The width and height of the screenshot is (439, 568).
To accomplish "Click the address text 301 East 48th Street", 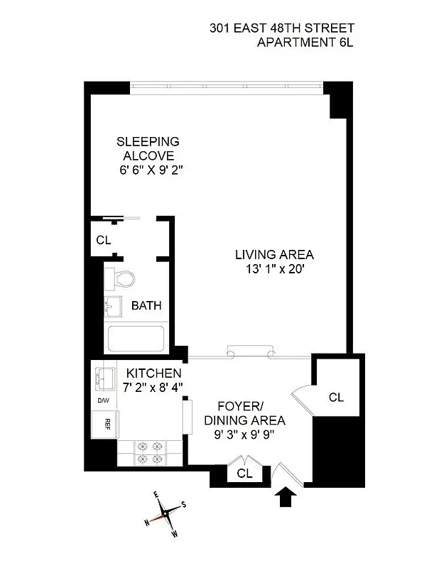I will tap(281, 28).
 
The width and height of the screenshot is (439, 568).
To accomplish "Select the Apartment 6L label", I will tap(305, 43).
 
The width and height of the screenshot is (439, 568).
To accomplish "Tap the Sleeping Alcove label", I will tap(148, 148).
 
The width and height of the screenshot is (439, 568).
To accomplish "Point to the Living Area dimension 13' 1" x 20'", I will tap(275, 269).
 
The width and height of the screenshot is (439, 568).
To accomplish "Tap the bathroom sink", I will tap(114, 306).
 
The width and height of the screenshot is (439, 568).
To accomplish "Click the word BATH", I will tap(146, 306).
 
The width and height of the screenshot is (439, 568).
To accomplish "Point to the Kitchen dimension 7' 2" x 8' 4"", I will tap(153, 387).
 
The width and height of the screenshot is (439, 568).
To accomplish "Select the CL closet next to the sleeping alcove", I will tap(104, 240).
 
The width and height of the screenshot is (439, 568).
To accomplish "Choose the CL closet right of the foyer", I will tap(336, 397).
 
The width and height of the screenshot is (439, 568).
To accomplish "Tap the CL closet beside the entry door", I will tap(244, 472).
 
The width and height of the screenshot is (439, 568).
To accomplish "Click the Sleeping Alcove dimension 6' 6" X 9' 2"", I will tap(151, 170).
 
